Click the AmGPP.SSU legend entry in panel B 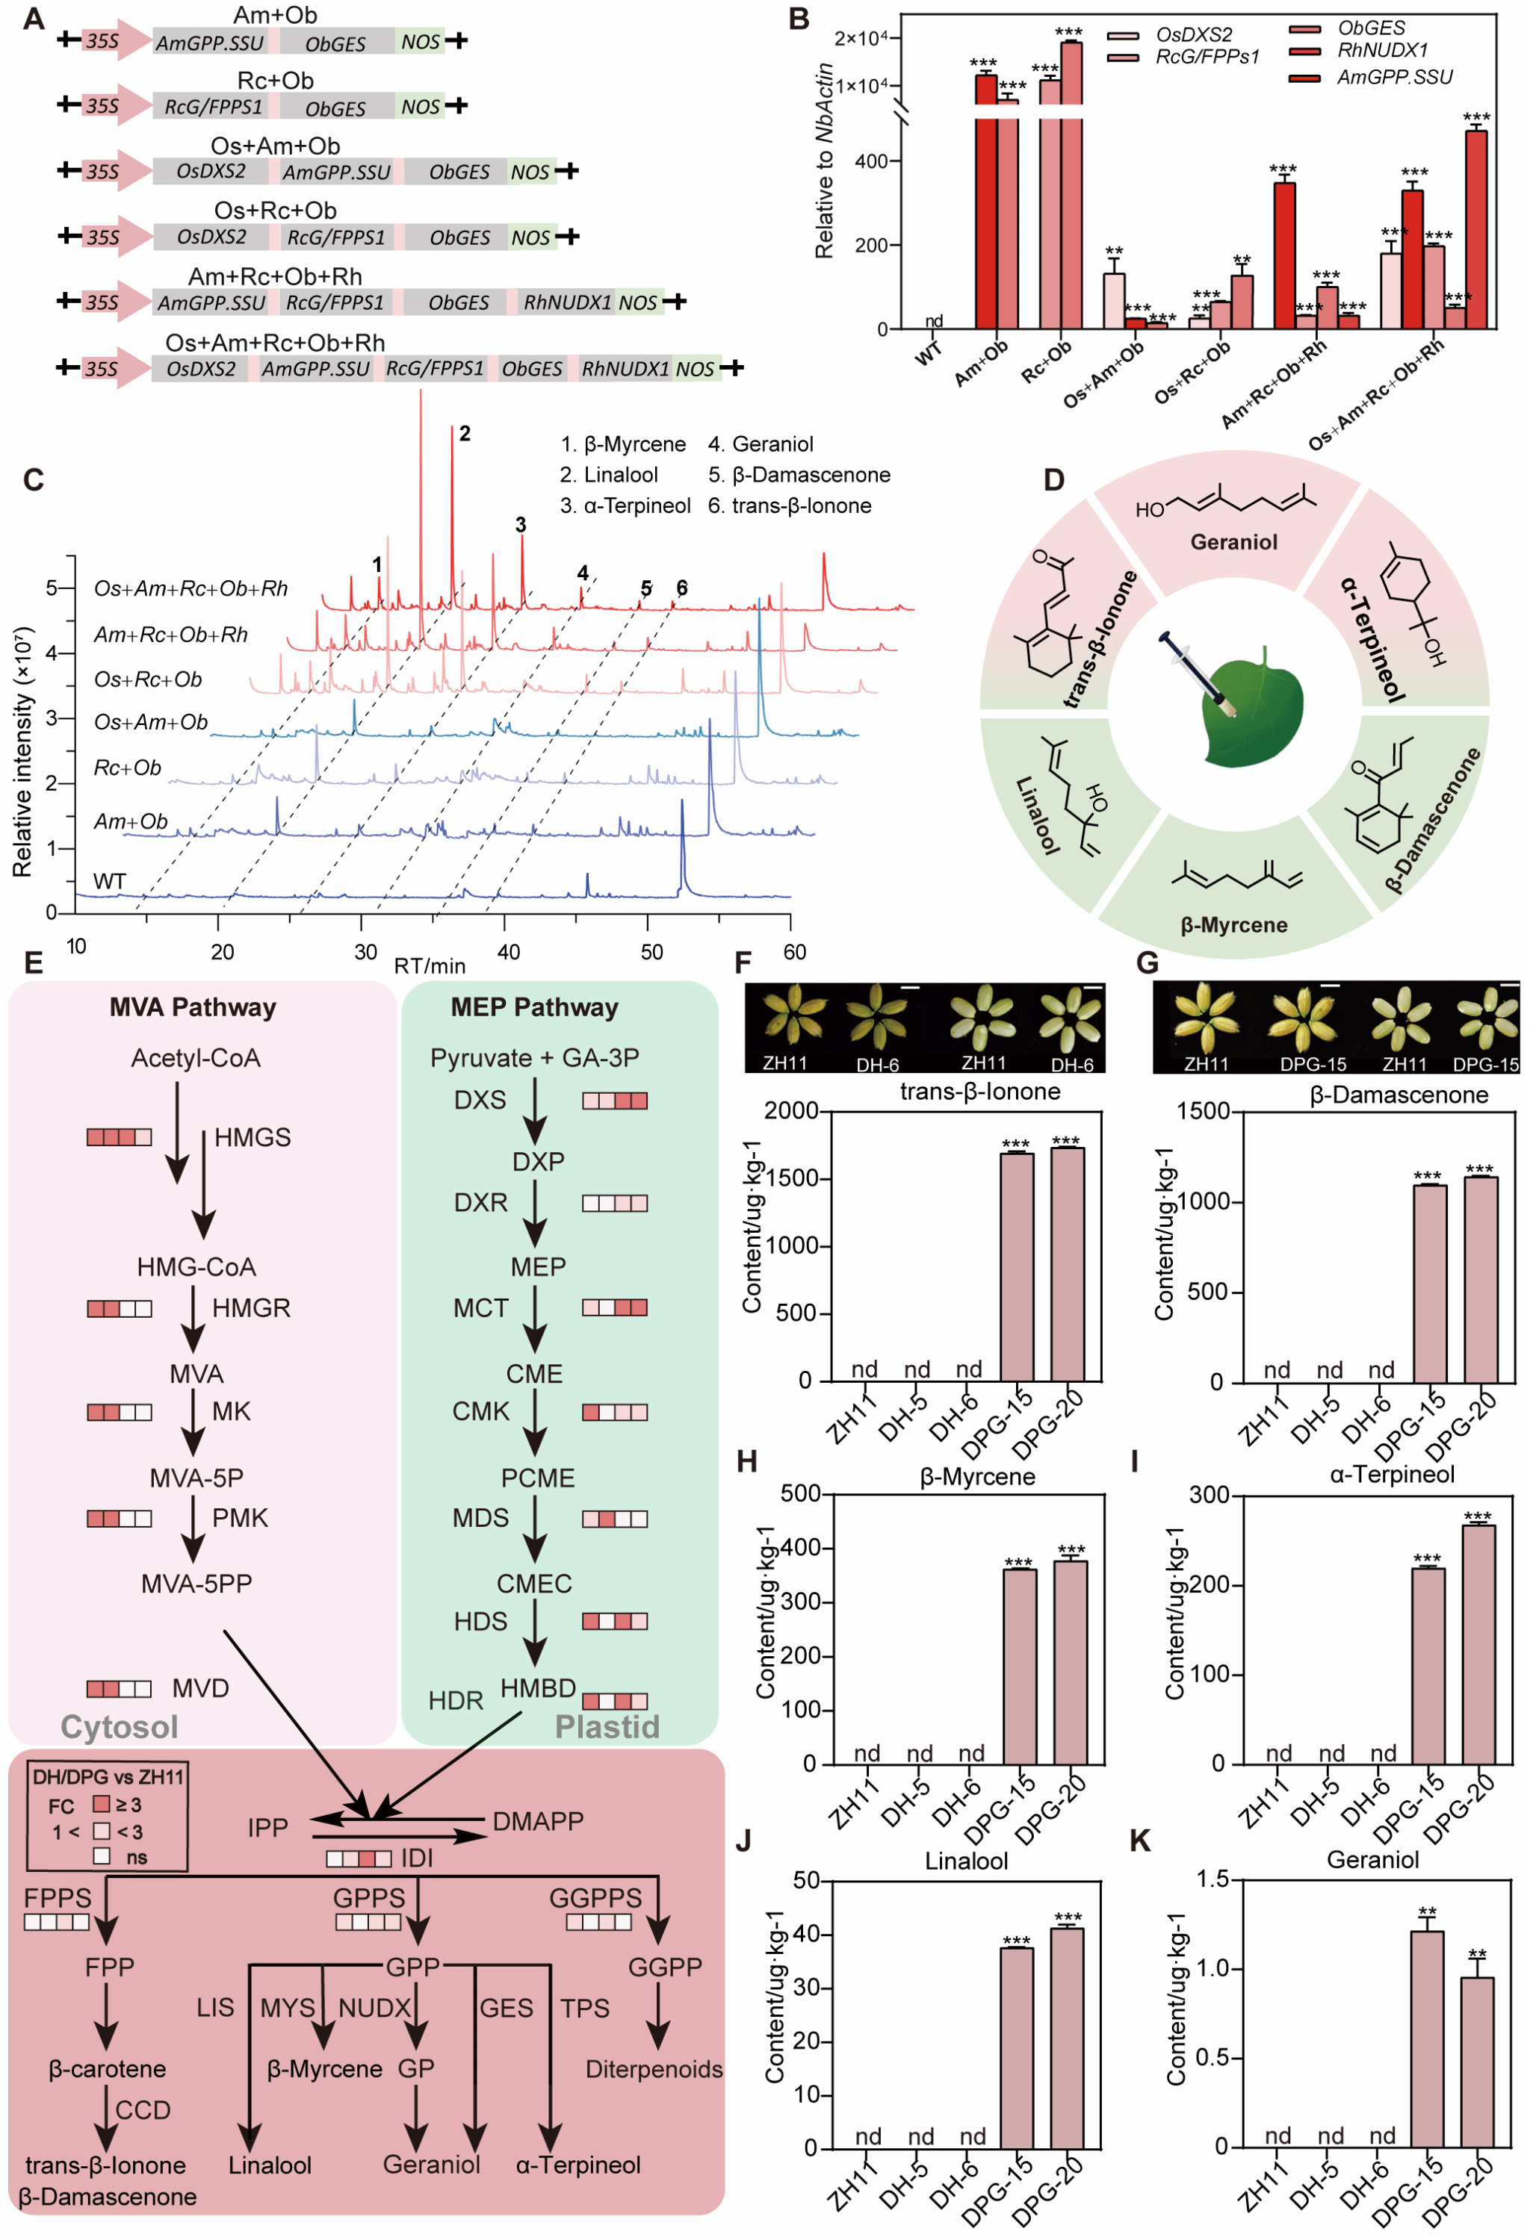click(1393, 77)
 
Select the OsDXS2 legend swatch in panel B click(1122, 36)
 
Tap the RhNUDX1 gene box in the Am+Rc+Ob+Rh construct click(567, 302)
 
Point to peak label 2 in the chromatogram click(465, 434)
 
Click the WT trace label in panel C click(109, 881)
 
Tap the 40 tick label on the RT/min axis click(508, 952)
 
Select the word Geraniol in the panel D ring click(1233, 541)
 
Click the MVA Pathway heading click(193, 1007)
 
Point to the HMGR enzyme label click(251, 1308)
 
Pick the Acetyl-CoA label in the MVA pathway click(196, 1058)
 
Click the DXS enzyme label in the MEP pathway click(480, 1100)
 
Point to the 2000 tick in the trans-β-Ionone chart click(790, 1111)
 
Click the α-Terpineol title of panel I click(1391, 1475)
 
